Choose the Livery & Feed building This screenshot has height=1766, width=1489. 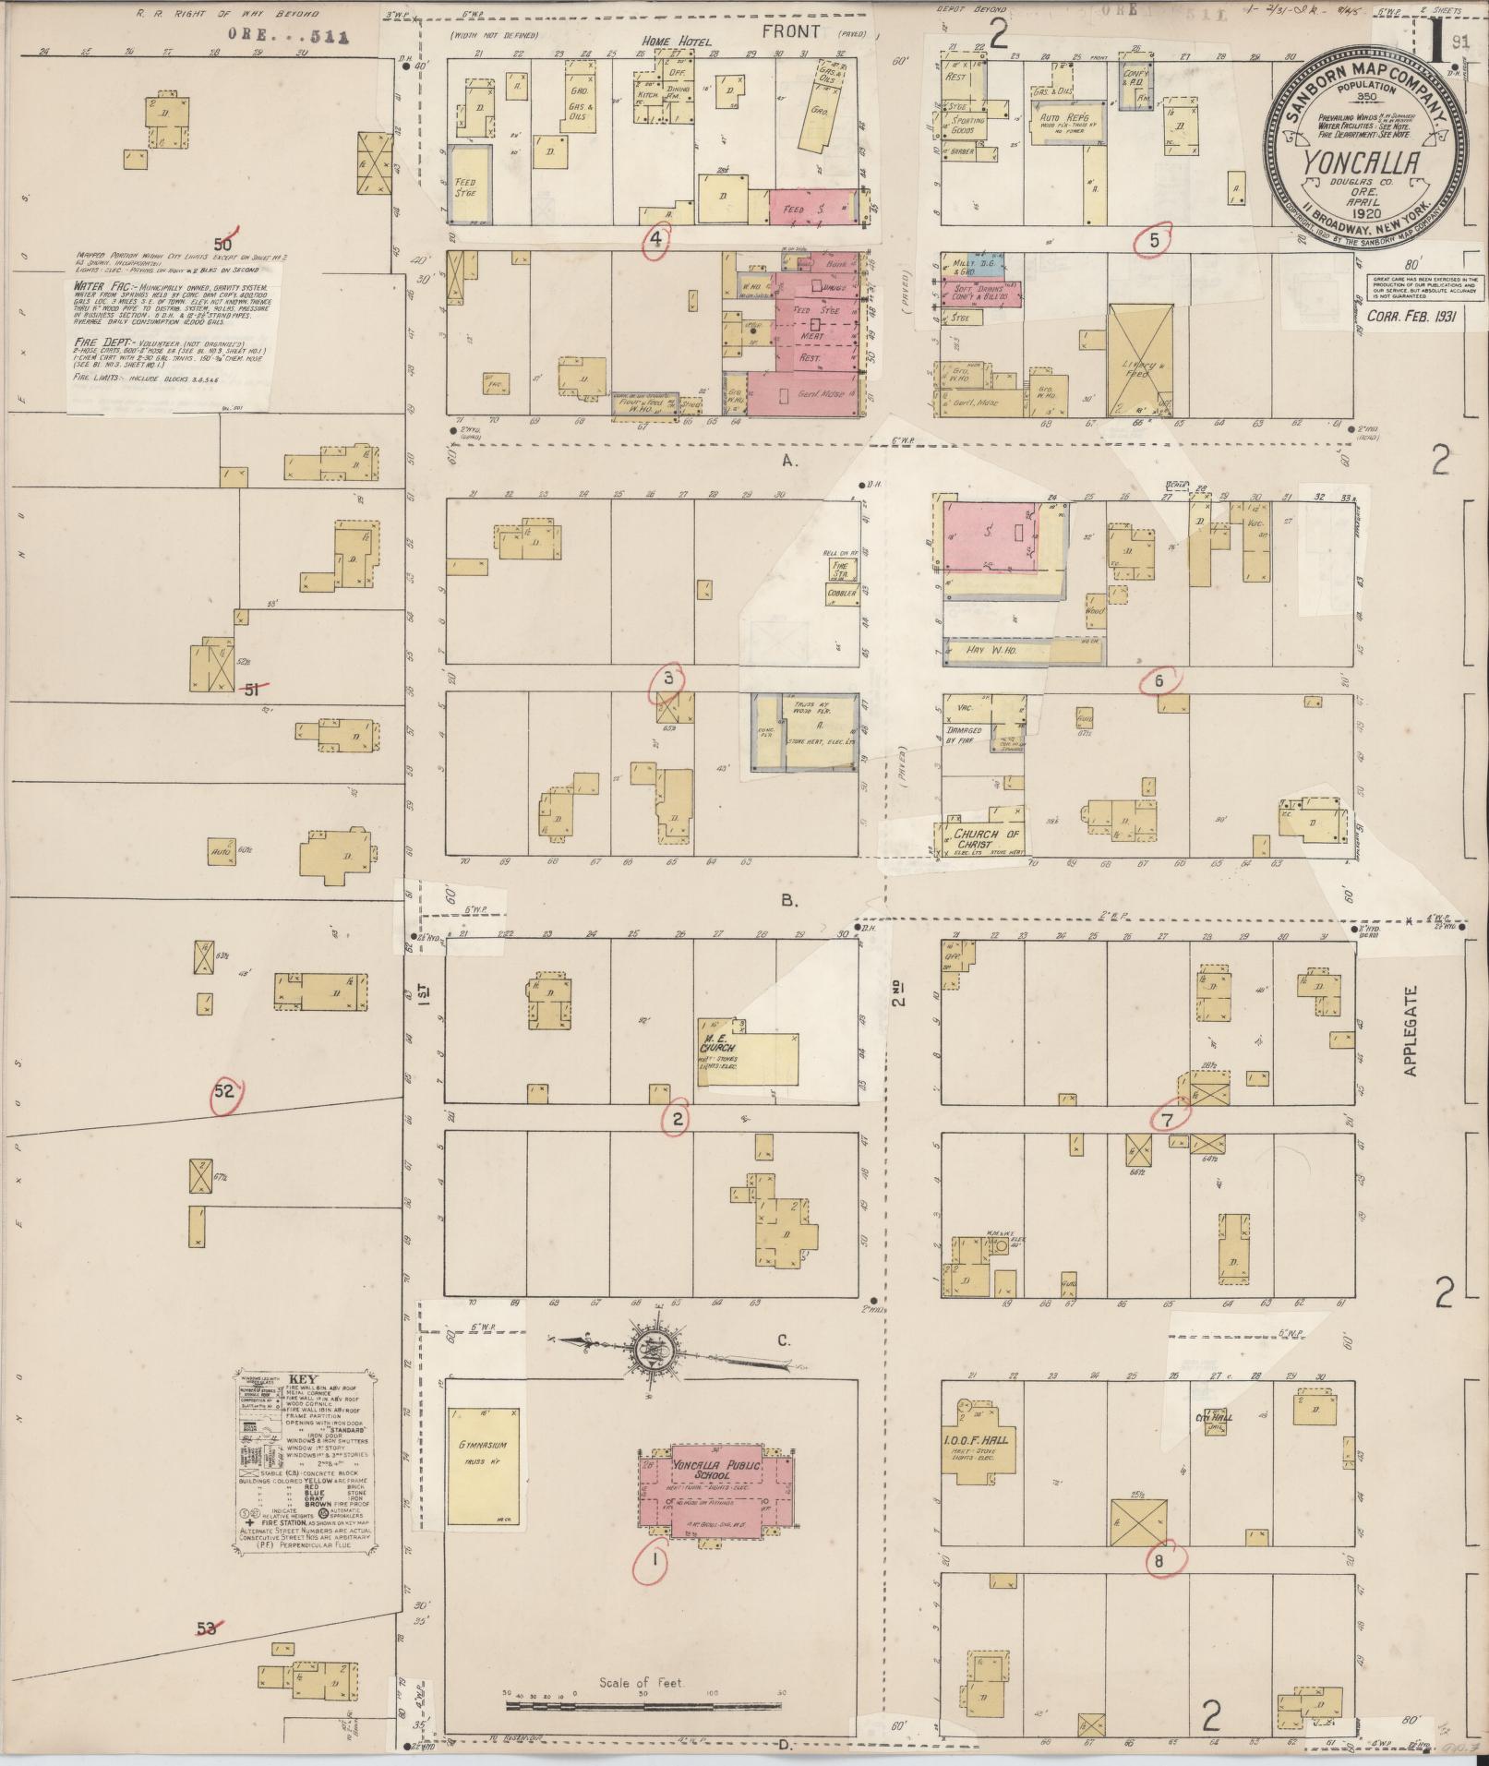1137,360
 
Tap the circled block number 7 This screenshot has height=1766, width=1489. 1168,1120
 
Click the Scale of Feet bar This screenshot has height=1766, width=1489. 646,1707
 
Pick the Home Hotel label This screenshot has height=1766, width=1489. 671,42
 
